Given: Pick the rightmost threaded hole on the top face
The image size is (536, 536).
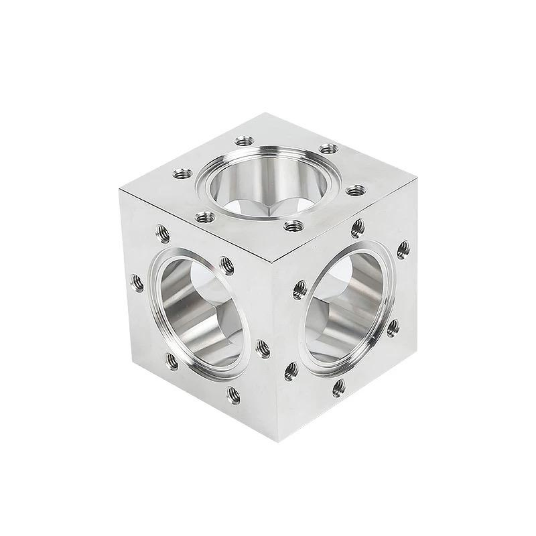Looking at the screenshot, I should click(353, 190).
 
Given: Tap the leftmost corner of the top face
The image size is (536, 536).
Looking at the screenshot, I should click(119, 190).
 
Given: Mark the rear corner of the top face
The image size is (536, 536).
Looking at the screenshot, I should click(259, 113).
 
